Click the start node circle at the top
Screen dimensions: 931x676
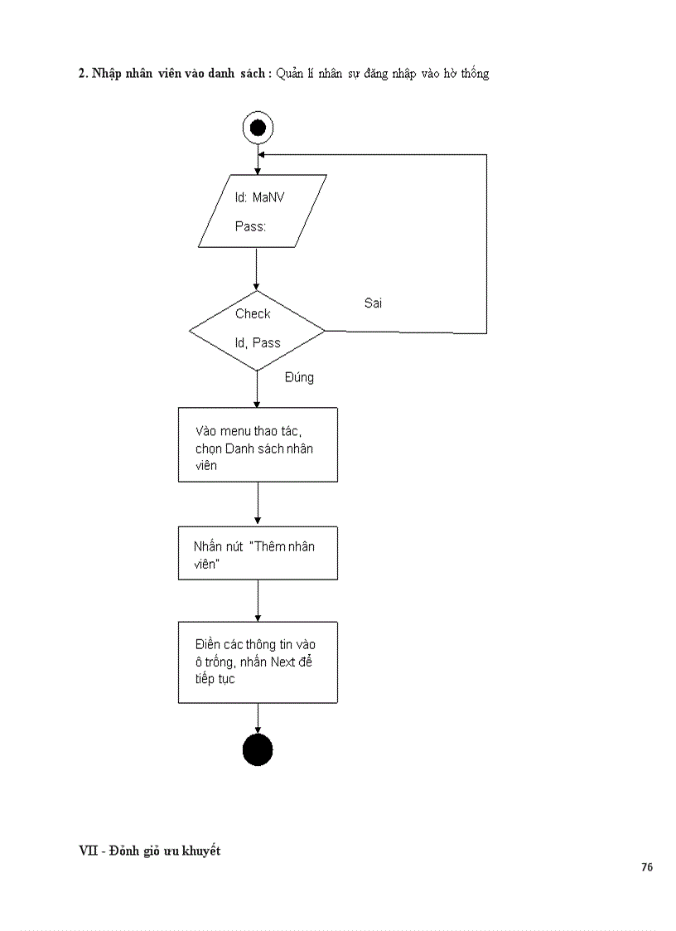(257, 128)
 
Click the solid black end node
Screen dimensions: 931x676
(257, 749)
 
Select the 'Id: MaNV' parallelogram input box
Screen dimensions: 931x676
(262, 211)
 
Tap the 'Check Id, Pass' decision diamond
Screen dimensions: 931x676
(257, 330)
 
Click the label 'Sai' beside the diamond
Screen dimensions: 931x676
(373, 303)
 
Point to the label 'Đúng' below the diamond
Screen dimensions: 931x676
(299, 377)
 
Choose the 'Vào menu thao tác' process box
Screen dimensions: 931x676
(258, 444)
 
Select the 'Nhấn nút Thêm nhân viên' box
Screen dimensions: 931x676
(258, 553)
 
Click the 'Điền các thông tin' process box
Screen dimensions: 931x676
(258, 662)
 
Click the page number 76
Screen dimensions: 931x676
(646, 867)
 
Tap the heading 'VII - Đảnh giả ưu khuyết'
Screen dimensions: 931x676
(149, 851)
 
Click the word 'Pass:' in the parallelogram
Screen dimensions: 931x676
(250, 226)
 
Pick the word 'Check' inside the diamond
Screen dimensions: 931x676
(253, 313)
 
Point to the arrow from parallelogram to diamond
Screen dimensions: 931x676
(257, 269)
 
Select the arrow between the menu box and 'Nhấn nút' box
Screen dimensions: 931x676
(258, 504)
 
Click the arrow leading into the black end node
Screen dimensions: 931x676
(258, 719)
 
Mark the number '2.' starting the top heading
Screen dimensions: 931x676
(83, 74)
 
